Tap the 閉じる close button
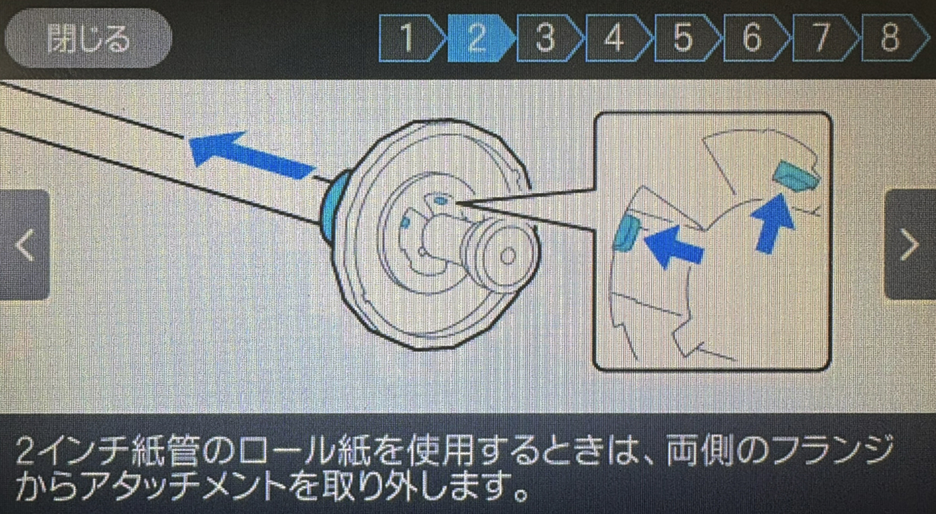click(88, 38)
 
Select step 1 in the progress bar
click(409, 38)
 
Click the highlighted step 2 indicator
click(478, 38)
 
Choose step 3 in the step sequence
click(548, 38)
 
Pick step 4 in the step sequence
click(616, 38)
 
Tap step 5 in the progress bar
click(685, 38)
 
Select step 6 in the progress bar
click(754, 38)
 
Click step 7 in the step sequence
click(823, 38)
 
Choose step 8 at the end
click(892, 38)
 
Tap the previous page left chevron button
click(25, 245)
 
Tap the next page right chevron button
click(911, 245)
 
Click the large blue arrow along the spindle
click(252, 155)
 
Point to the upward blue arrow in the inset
click(773, 223)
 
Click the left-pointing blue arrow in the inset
click(674, 248)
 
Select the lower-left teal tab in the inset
click(627, 234)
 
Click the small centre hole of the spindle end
click(508, 256)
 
